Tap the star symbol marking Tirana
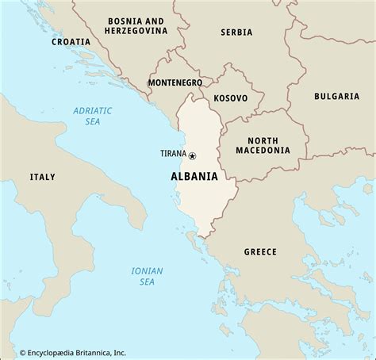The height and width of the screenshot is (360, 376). (x=193, y=155)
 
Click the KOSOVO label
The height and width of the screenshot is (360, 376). (x=231, y=98)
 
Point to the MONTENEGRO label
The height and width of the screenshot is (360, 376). (x=175, y=82)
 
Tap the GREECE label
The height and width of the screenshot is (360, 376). (x=260, y=251)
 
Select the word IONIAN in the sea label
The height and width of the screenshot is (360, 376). (x=147, y=271)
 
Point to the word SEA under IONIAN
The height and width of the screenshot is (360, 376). (x=147, y=282)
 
